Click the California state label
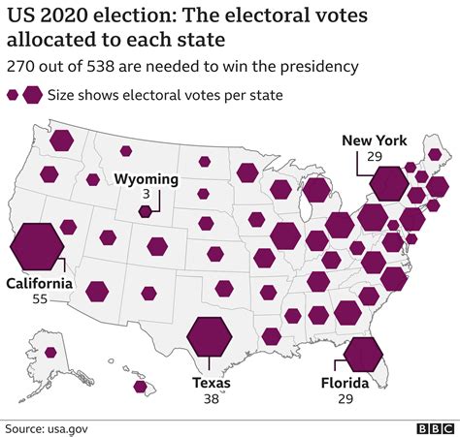[x=40, y=284]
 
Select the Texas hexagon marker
[x=210, y=338]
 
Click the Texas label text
[x=211, y=383]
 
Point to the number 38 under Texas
[x=211, y=398]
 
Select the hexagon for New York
[x=389, y=183]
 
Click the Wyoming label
[x=146, y=179]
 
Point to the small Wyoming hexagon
[x=146, y=211]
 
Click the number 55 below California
[x=40, y=300]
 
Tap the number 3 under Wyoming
[x=146, y=195]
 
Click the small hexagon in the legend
[x=13, y=95]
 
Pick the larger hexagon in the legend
[x=32, y=95]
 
